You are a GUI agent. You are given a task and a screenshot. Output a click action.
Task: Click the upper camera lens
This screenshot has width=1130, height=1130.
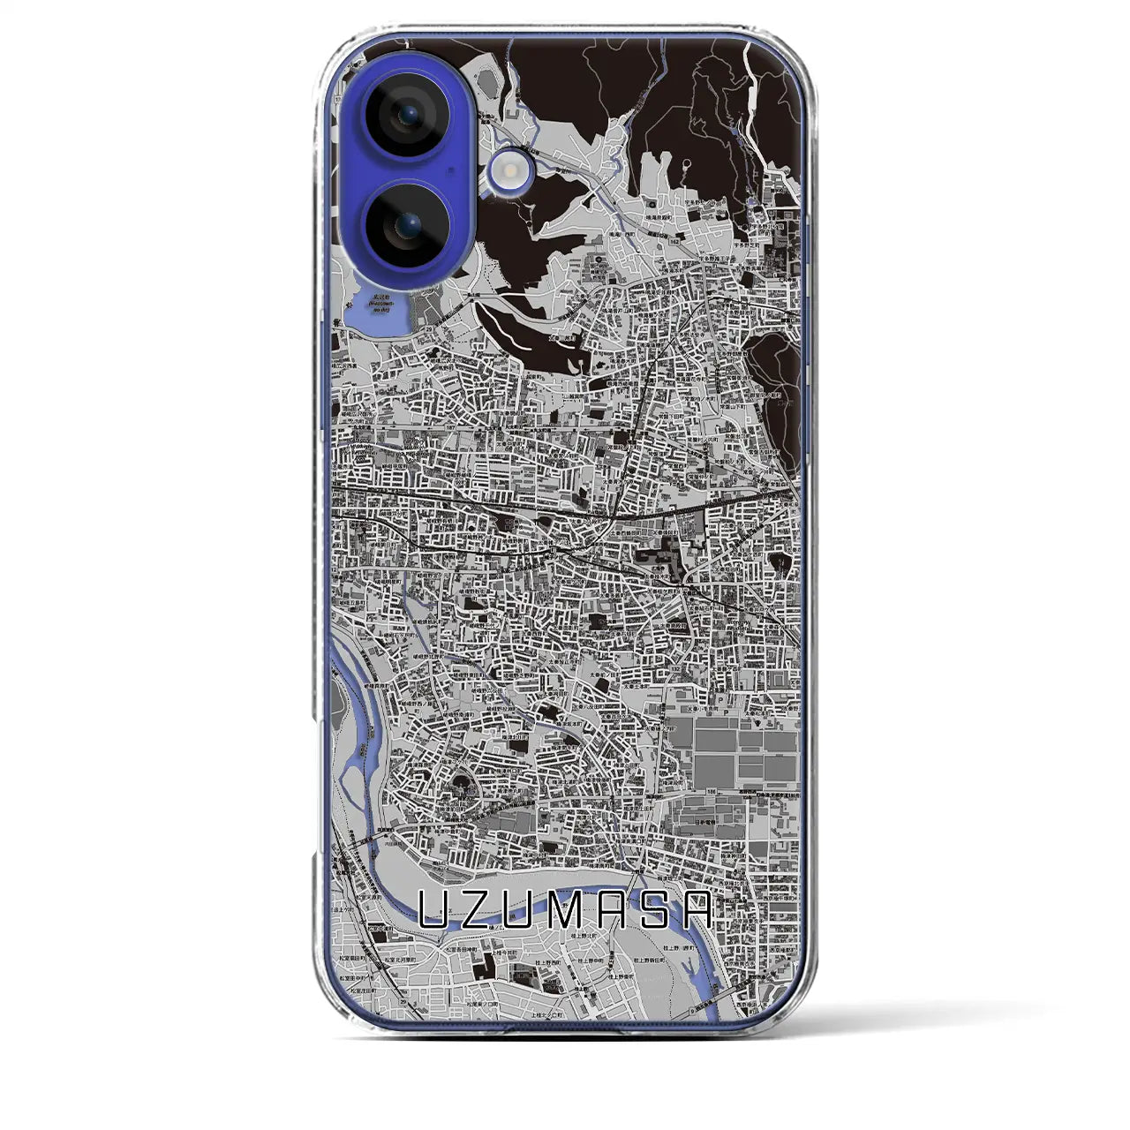click(405, 115)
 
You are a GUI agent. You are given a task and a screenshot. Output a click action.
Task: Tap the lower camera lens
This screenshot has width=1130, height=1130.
click(405, 226)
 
